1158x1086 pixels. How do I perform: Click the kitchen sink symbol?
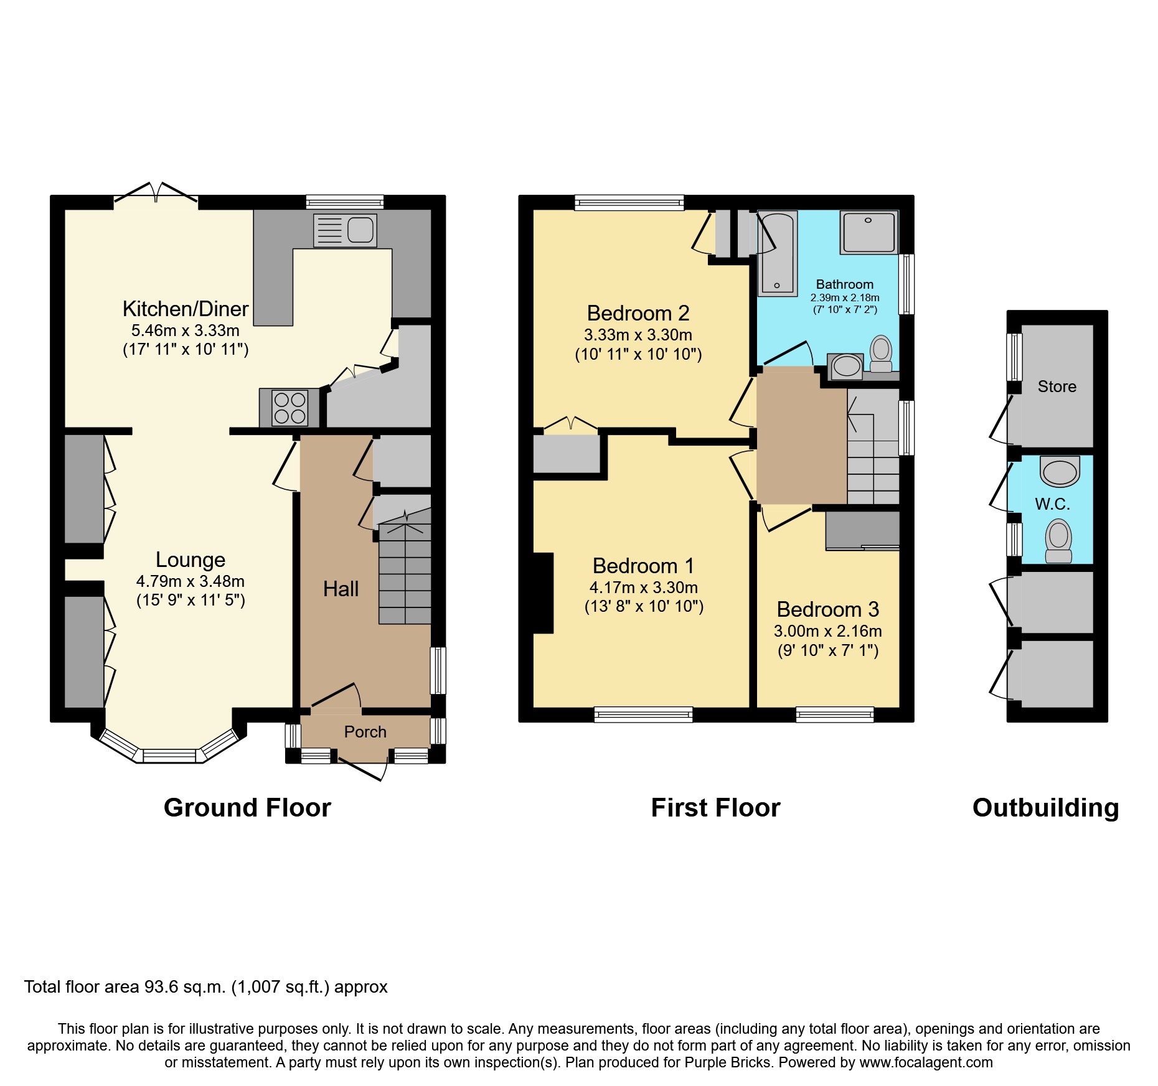[x=345, y=230]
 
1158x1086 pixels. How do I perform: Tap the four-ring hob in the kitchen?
[x=289, y=408]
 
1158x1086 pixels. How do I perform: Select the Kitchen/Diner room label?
[x=186, y=309]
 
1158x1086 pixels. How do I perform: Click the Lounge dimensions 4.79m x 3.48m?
[x=191, y=581]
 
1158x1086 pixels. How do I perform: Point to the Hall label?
[x=341, y=589]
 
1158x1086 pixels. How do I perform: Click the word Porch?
[x=365, y=732]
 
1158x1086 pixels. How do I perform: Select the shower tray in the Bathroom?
[x=869, y=232]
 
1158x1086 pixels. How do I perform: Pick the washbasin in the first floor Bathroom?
[x=846, y=366]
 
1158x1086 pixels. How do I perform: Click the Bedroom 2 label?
[x=638, y=313]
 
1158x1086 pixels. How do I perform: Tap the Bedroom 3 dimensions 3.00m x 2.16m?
[x=827, y=631]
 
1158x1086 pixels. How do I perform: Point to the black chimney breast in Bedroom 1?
[x=543, y=592]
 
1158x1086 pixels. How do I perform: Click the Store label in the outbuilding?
[x=1057, y=386]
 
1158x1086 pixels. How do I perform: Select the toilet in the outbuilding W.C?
[x=1058, y=540]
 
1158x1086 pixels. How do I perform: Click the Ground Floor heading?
[x=247, y=808]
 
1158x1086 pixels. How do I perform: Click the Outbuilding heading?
[x=1045, y=808]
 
